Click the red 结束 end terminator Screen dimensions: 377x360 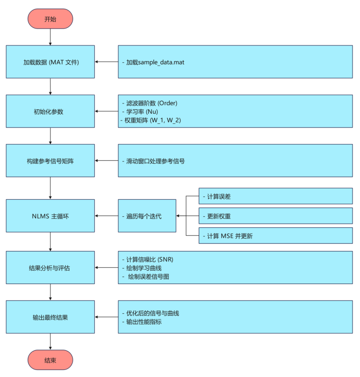pyautogui.click(x=50, y=360)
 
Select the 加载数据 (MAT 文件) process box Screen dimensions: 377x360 pyautogui.click(x=50, y=61)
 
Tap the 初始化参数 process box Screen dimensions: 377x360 pyautogui.click(x=50, y=111)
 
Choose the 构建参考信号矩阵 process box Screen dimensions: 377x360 pyautogui.click(x=50, y=161)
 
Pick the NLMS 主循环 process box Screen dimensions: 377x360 pyautogui.click(x=50, y=216)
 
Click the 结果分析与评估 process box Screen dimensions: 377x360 pyautogui.click(x=50, y=268)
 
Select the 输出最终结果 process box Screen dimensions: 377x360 pyautogui.click(x=50, y=317)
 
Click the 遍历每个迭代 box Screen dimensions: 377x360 pyautogui.click(x=147, y=216)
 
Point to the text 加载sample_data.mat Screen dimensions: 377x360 pyautogui.click(x=152, y=62)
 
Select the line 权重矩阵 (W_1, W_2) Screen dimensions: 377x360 pyautogui.click(x=153, y=120)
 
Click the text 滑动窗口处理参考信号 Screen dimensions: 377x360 pyautogui.click(x=155, y=161)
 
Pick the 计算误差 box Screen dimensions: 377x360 pyautogui.click(x=276, y=196)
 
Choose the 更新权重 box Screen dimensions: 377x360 pyautogui.click(x=276, y=216)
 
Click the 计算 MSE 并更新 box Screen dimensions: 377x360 pyautogui.click(x=276, y=235)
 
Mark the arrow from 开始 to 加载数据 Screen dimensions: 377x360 pyautogui.click(x=50, y=37)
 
